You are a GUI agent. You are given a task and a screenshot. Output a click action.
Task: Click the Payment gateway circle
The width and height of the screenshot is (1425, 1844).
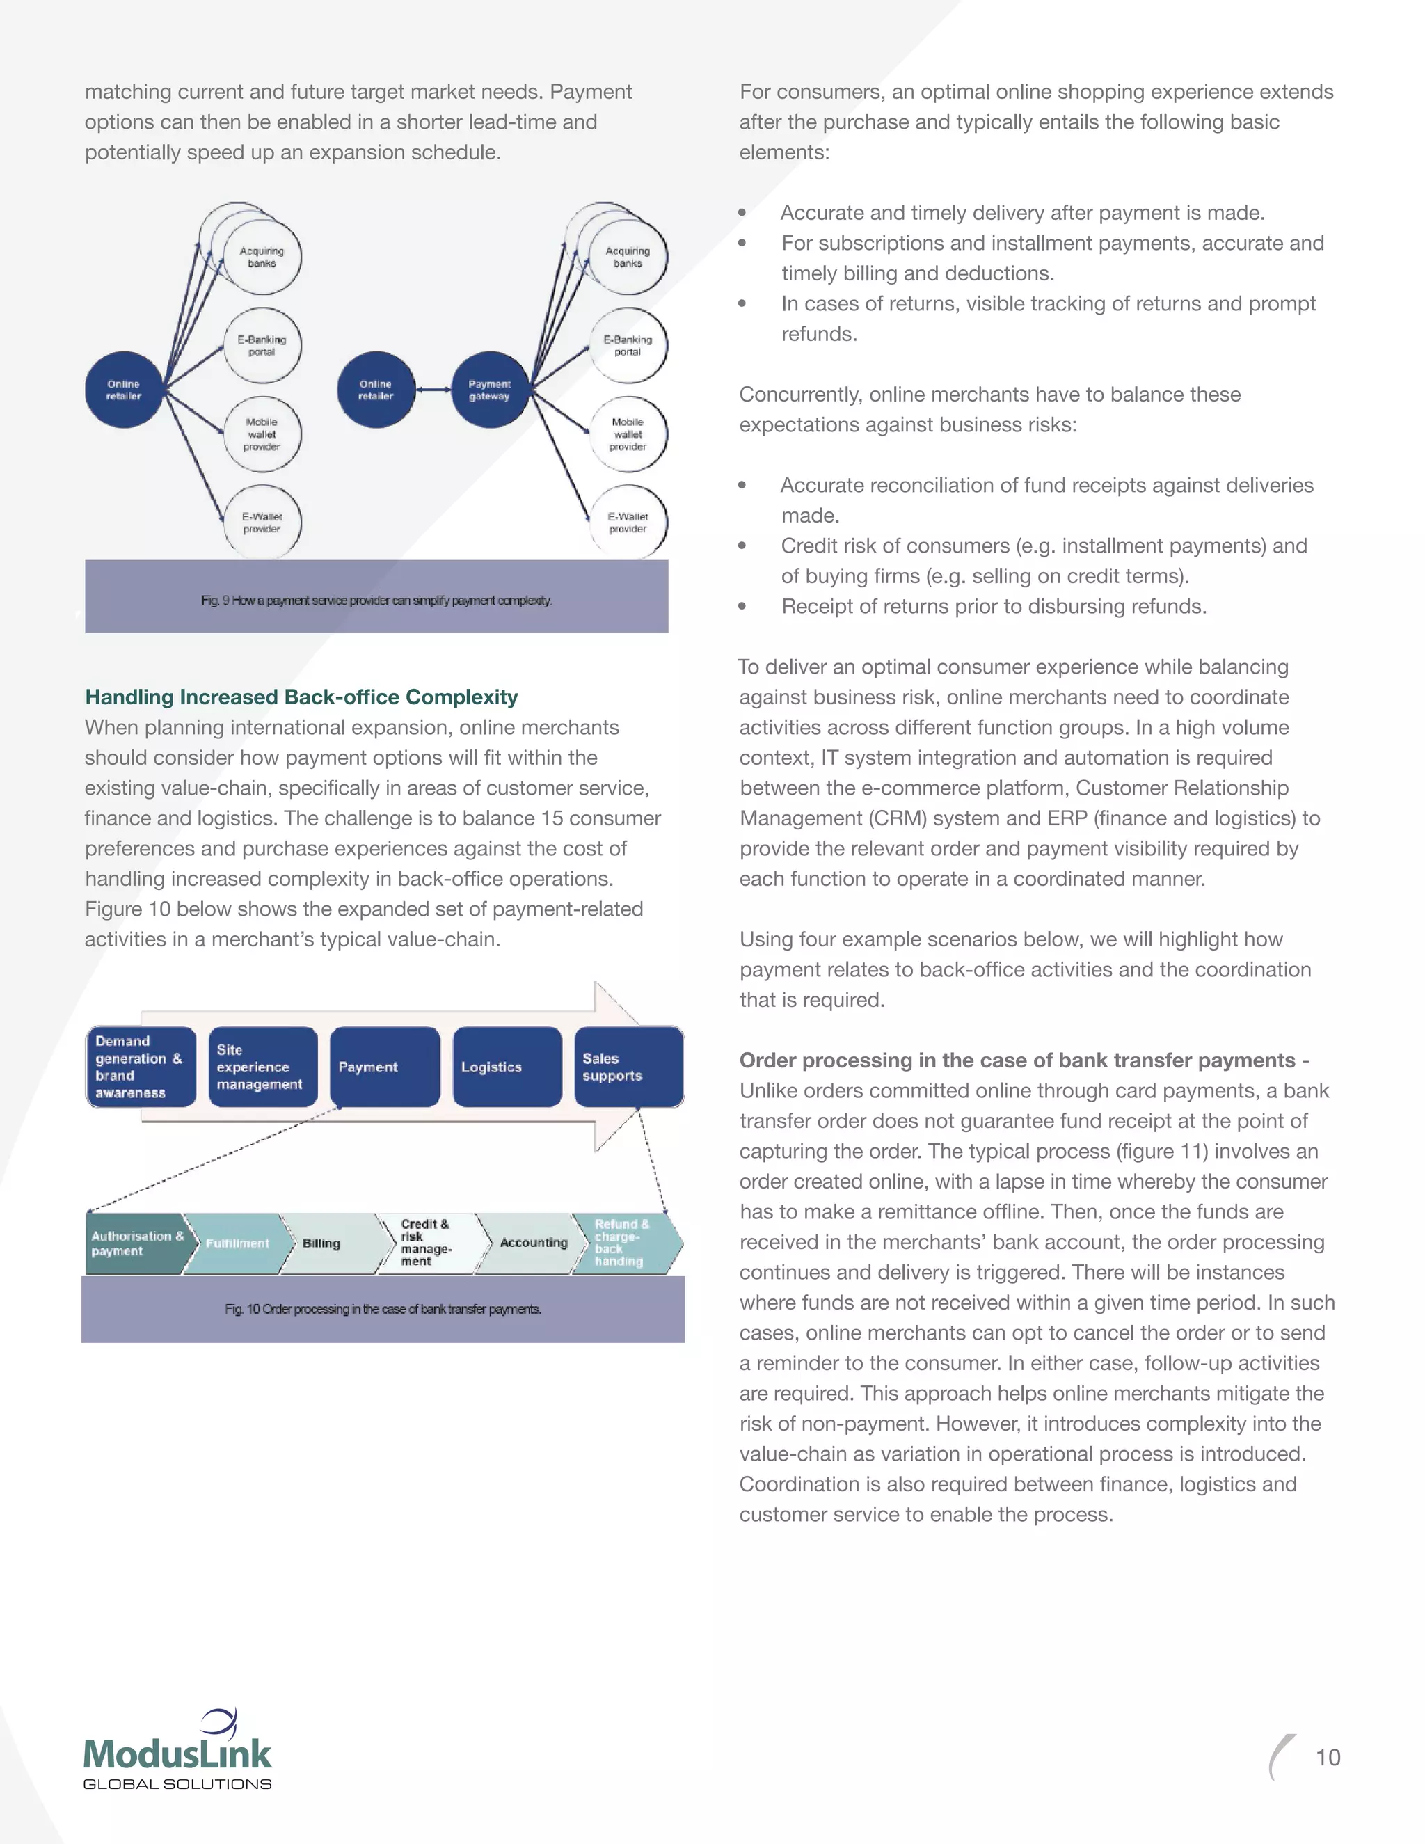pyautogui.click(x=490, y=390)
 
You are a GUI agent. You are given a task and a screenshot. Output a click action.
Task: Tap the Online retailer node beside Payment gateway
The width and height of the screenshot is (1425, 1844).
pyautogui.click(x=376, y=390)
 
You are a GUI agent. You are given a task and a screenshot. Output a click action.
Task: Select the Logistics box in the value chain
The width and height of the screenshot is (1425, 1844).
pyautogui.click(x=507, y=1067)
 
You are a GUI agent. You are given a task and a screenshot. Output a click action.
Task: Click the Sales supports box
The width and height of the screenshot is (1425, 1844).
pyautogui.click(x=628, y=1067)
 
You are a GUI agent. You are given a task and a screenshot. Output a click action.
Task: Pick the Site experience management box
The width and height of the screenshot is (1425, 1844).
pyautogui.click(x=262, y=1067)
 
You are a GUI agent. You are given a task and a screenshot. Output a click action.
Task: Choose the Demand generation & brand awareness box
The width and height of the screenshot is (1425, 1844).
pyautogui.click(x=140, y=1067)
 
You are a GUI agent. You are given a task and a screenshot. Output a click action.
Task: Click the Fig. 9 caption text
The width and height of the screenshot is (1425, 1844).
pyautogui.click(x=376, y=601)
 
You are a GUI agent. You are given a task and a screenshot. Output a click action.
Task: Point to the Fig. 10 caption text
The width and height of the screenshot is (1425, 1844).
pyautogui.click(x=383, y=1310)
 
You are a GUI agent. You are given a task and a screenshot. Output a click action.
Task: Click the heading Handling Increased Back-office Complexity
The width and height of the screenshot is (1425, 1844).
pyautogui.click(x=301, y=697)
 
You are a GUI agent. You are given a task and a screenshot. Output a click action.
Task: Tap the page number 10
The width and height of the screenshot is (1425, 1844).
pyautogui.click(x=1328, y=1758)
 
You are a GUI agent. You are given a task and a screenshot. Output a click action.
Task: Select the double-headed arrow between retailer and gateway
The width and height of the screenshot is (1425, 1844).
pyautogui.click(x=434, y=390)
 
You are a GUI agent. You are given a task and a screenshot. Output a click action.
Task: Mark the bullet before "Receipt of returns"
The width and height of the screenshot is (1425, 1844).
pyautogui.click(x=742, y=606)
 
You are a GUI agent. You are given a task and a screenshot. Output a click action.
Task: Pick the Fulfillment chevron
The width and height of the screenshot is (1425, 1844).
pyautogui.click(x=237, y=1243)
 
